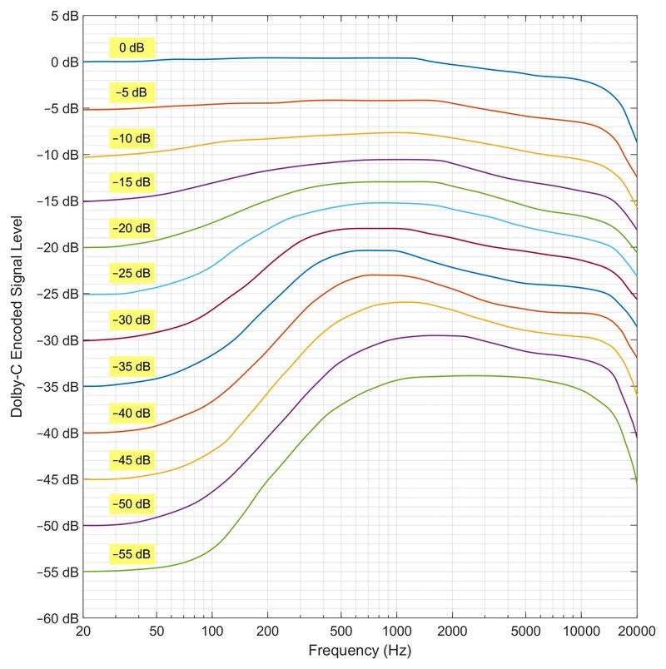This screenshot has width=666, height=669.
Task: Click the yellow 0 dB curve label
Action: tap(132, 47)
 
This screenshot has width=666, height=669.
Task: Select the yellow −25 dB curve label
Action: tap(132, 273)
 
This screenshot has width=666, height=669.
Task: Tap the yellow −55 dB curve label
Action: tap(132, 554)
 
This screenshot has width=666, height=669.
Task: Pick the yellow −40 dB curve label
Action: tap(132, 413)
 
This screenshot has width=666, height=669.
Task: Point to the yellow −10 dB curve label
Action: tap(132, 138)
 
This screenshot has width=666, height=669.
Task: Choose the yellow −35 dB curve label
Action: tap(132, 366)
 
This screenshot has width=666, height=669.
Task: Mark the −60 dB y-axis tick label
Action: tap(58, 618)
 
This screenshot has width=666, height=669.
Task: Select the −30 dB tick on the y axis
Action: tap(58, 340)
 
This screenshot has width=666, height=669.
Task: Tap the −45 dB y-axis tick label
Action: tap(58, 479)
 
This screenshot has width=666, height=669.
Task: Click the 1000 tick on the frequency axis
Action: tap(396, 631)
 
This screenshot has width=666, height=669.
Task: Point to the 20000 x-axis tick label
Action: tap(637, 631)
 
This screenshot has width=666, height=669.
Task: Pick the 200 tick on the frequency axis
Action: tap(268, 631)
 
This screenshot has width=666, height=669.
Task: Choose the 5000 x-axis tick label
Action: tap(525, 631)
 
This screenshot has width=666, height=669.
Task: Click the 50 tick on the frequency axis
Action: tap(157, 631)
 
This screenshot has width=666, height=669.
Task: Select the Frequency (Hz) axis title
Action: tap(360, 651)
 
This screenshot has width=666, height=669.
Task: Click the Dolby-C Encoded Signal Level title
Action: tap(16, 316)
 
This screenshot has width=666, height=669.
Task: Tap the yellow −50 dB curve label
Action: tap(132, 504)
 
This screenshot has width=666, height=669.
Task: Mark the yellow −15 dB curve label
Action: tap(132, 182)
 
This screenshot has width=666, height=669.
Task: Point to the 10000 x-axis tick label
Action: tap(581, 631)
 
